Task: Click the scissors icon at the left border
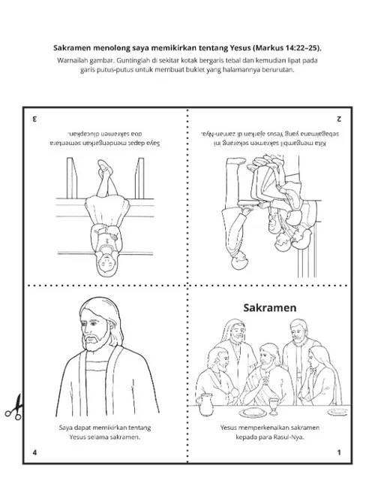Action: (13, 408)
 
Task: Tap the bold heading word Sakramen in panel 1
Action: (270, 308)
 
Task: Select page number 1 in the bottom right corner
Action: (339, 452)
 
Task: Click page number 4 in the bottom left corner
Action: (34, 452)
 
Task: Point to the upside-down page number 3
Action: (34, 119)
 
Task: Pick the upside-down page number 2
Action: (339, 119)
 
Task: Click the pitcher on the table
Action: (205, 404)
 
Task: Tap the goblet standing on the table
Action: (273, 407)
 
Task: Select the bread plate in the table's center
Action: (253, 413)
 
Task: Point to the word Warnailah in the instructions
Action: (71, 60)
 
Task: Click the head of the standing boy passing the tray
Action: (240, 261)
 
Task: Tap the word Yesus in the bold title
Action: (241, 48)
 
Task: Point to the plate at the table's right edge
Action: (338, 412)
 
